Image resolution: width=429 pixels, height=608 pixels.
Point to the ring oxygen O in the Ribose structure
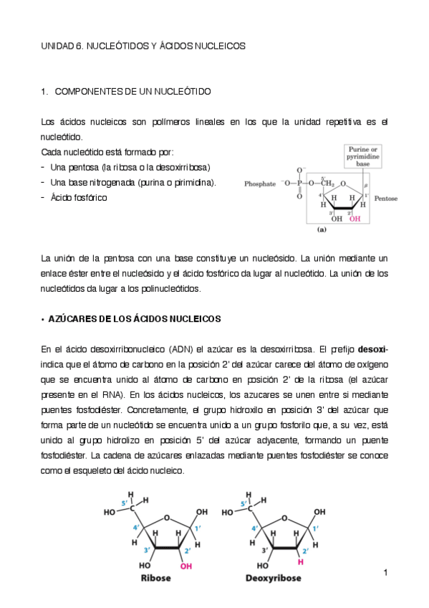[166, 516]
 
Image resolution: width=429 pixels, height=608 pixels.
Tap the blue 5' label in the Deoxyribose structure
[244, 504]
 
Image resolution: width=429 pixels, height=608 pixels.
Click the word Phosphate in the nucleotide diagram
[260, 184]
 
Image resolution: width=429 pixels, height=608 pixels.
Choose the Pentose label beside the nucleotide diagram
[386, 199]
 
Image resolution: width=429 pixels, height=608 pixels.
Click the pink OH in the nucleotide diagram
[355, 219]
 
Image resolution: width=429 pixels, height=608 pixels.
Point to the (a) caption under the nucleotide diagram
[322, 230]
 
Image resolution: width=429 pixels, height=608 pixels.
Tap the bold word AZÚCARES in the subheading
[74, 318]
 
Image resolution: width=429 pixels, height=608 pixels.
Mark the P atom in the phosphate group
[299, 184]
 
